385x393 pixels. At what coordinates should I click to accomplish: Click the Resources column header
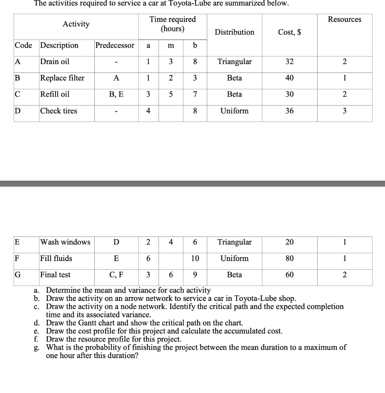coord(344,20)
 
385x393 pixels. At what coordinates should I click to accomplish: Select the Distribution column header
coord(234,32)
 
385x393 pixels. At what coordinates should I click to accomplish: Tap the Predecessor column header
coord(115,45)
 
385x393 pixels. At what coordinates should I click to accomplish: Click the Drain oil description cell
coord(55,62)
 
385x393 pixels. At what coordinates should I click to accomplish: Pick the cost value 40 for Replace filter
coord(290,78)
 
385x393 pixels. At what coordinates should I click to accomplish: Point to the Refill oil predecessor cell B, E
coord(116,94)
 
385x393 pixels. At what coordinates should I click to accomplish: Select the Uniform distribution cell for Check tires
coord(234,111)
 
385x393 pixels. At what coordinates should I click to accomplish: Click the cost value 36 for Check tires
coord(290,111)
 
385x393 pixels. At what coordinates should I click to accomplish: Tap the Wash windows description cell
coord(65,242)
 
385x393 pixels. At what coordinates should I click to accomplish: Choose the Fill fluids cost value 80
coord(290,259)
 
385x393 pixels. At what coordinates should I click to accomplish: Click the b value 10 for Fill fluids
coord(195,259)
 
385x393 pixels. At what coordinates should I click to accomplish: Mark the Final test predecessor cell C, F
coord(116,275)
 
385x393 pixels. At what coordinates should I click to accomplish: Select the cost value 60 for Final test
coord(290,275)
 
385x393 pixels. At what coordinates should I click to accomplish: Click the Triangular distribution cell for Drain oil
coord(234,62)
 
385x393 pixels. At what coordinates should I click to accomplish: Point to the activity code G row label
coord(18,275)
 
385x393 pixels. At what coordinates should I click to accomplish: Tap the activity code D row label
coord(18,111)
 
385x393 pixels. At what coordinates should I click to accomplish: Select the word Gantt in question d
coord(87,323)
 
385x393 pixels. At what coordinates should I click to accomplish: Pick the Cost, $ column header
coord(290,32)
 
